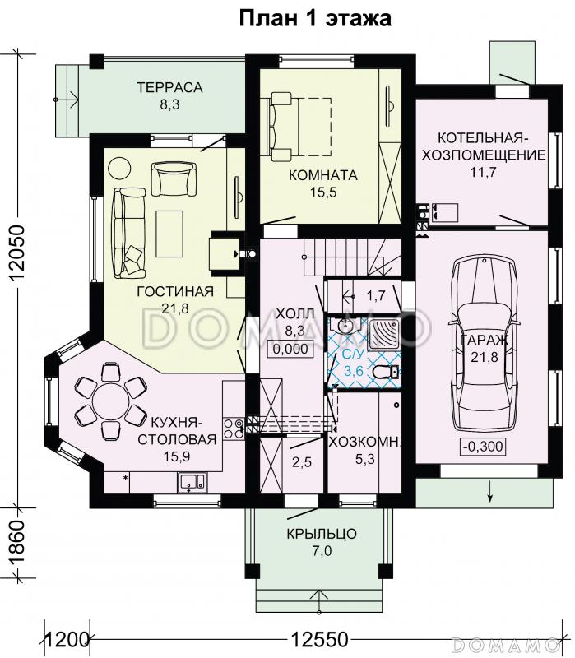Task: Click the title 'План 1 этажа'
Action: [x=315, y=18]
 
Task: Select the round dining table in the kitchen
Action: [x=111, y=401]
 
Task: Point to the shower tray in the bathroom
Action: [x=384, y=335]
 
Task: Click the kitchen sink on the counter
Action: [x=192, y=482]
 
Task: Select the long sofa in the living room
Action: [x=128, y=233]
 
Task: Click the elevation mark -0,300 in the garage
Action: [x=483, y=446]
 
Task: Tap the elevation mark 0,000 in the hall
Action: [x=290, y=349]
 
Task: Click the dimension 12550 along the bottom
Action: [x=320, y=640]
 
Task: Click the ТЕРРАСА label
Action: [x=169, y=87]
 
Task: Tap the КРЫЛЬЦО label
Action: [x=322, y=534]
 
